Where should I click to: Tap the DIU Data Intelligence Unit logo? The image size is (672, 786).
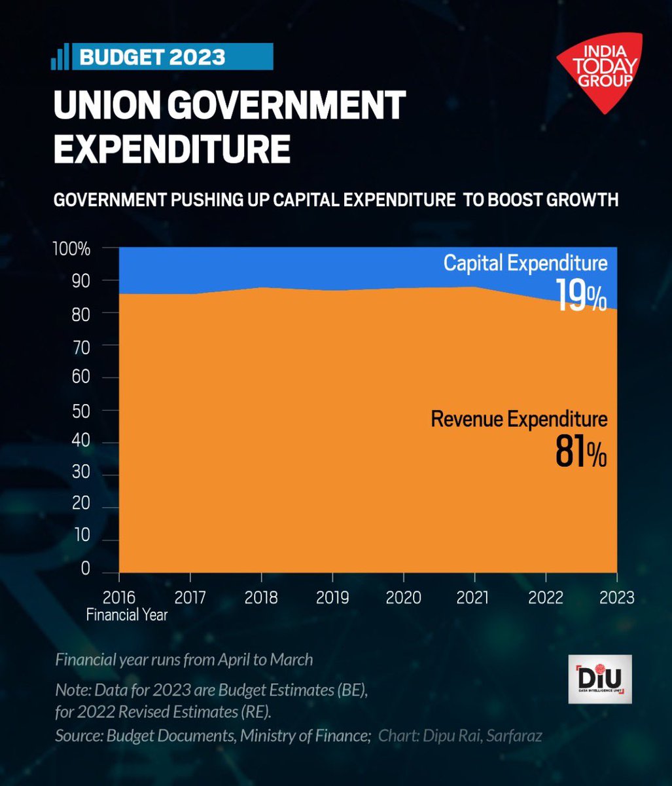pyautogui.click(x=599, y=679)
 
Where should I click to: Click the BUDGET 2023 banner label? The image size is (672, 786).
pyautogui.click(x=152, y=57)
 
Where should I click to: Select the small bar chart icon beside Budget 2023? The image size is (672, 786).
pyautogui.click(x=60, y=58)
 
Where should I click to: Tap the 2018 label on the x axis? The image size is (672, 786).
pyautogui.click(x=261, y=598)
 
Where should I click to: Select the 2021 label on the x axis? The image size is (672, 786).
pyautogui.click(x=474, y=598)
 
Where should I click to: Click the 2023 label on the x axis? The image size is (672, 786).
pyautogui.click(x=616, y=598)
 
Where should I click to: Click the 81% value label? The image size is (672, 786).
pyautogui.click(x=580, y=453)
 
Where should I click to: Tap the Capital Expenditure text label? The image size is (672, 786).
pyautogui.click(x=525, y=263)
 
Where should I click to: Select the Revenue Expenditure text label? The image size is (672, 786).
pyautogui.click(x=519, y=419)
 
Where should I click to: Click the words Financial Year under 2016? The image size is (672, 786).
pyautogui.click(x=127, y=615)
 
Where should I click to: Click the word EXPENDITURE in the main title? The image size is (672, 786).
pyautogui.click(x=171, y=149)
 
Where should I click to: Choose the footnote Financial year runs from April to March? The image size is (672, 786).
pyautogui.click(x=184, y=659)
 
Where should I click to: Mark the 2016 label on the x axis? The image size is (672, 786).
pyautogui.click(x=120, y=598)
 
